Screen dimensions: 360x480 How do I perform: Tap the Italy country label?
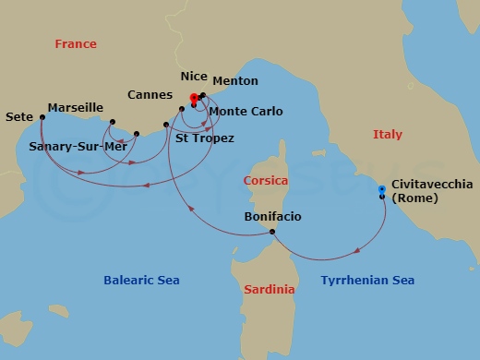click(x=388, y=135)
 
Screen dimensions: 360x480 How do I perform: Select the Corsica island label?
click(x=266, y=181)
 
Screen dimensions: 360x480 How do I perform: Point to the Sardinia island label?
click(x=270, y=290)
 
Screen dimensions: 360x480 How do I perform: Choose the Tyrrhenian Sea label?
click(x=367, y=280)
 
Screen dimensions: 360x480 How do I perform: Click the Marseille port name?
click(x=75, y=108)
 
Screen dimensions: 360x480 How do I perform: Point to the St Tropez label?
click(x=204, y=138)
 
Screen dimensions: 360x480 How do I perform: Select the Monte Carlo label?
click(x=245, y=111)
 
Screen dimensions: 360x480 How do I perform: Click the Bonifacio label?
click(x=272, y=217)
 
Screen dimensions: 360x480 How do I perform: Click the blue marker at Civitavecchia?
click(x=381, y=190)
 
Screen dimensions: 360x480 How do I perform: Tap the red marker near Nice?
click(x=194, y=97)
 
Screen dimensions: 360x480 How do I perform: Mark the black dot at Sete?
click(x=42, y=117)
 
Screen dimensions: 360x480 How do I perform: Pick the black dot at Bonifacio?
click(x=272, y=232)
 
